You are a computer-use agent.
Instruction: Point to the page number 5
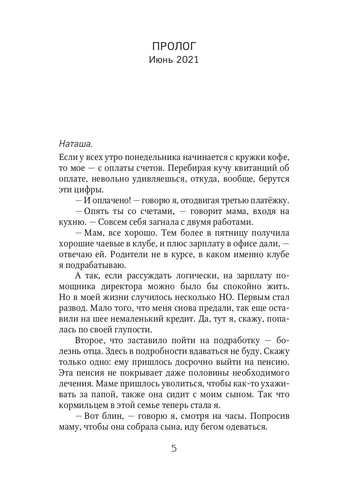click(174, 448)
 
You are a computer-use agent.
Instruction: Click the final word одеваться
click(245, 427)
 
